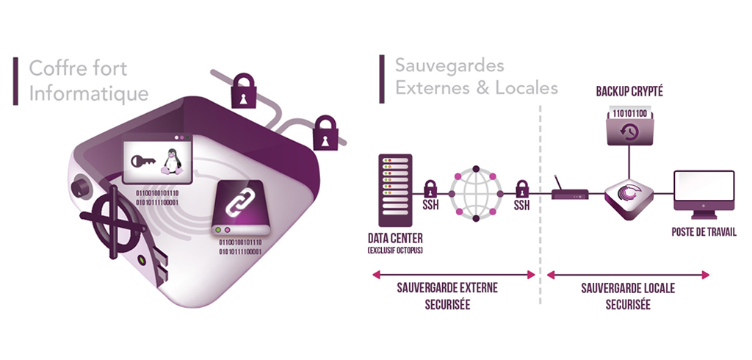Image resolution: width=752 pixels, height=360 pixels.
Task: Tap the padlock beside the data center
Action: click(431, 187)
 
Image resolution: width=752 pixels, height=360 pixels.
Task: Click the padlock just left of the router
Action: click(522, 187)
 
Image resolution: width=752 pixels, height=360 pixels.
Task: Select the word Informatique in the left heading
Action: click(88, 93)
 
